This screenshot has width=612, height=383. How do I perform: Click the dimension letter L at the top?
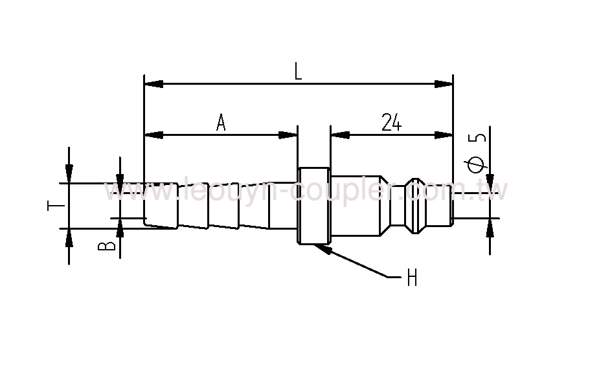click(x=298, y=71)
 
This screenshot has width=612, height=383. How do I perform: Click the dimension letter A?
click(x=221, y=122)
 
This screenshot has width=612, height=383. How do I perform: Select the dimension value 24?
click(x=391, y=122)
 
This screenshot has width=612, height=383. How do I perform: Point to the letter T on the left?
click(x=56, y=206)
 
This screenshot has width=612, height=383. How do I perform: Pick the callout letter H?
click(x=411, y=279)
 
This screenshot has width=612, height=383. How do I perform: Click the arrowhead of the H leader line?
click(x=323, y=248)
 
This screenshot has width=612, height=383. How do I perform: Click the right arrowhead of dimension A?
click(x=288, y=135)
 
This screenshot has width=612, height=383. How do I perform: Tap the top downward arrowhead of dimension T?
click(x=69, y=174)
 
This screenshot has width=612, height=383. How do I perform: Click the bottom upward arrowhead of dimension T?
click(x=69, y=237)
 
